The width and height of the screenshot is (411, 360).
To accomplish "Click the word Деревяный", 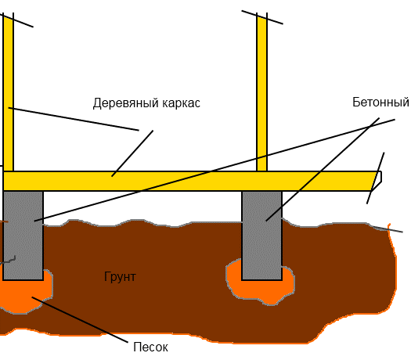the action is pyautogui.click(x=126, y=103).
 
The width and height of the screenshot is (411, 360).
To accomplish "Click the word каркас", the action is pyautogui.click(x=181, y=103).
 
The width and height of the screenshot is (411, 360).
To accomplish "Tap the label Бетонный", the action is pyautogui.click(x=380, y=103).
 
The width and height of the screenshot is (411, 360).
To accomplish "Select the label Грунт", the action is pyautogui.click(x=120, y=277).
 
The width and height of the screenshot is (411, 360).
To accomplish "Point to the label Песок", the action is pyautogui.click(x=151, y=347).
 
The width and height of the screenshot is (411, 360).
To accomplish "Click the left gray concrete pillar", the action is pyautogui.click(x=23, y=236).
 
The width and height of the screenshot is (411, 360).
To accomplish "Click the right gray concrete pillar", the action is pyautogui.click(x=261, y=236).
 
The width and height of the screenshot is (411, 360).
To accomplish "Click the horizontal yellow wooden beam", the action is pyautogui.click(x=191, y=181).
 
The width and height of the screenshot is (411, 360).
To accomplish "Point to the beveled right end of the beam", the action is pyautogui.click(x=378, y=181).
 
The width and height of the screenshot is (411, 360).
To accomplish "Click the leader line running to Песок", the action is pyautogui.click(x=80, y=319).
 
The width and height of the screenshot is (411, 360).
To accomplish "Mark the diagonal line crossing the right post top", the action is pyautogui.click(x=262, y=17).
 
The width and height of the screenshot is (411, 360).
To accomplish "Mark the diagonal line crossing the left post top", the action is pyautogui.click(x=16, y=20).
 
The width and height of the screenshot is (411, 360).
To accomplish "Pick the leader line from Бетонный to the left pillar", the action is pyautogui.click(x=215, y=171).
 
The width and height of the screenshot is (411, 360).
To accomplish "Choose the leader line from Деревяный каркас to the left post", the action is pyautogui.click(x=74, y=119).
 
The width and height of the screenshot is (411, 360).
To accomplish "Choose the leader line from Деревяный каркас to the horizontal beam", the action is pyautogui.click(x=132, y=153).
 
